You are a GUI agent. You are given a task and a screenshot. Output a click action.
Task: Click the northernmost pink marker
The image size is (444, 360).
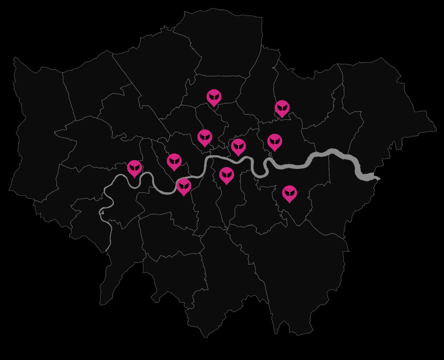(214, 97)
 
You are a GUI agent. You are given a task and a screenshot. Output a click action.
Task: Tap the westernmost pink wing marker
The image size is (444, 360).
(135, 168)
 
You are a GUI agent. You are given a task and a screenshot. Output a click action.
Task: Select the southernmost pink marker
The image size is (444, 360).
(290, 193)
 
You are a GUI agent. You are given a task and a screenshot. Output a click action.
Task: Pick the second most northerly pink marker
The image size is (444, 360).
(282, 108)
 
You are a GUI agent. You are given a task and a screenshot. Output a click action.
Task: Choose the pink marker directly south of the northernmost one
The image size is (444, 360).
(205, 137)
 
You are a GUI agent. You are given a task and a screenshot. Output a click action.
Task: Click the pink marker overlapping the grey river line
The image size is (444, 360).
(184, 186)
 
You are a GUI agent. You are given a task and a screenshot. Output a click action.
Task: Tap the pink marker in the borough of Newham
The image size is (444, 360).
(275, 142)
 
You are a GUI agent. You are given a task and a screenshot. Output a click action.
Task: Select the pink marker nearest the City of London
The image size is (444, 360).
(238, 147)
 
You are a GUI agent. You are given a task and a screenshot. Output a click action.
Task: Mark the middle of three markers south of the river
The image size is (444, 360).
(227, 175)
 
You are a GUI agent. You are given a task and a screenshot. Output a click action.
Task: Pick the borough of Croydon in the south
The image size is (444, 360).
(229, 279)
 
